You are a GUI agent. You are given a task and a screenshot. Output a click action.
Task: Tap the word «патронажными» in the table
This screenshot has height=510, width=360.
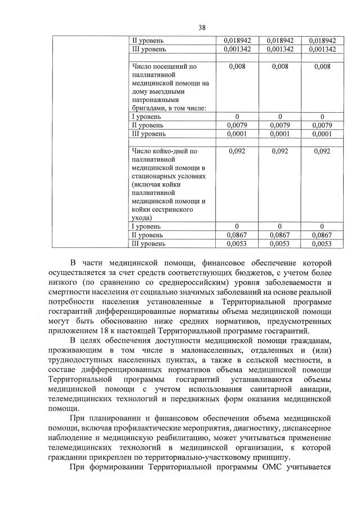click(x=155, y=99)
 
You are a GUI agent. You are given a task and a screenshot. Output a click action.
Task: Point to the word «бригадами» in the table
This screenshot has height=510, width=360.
click(x=148, y=108)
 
